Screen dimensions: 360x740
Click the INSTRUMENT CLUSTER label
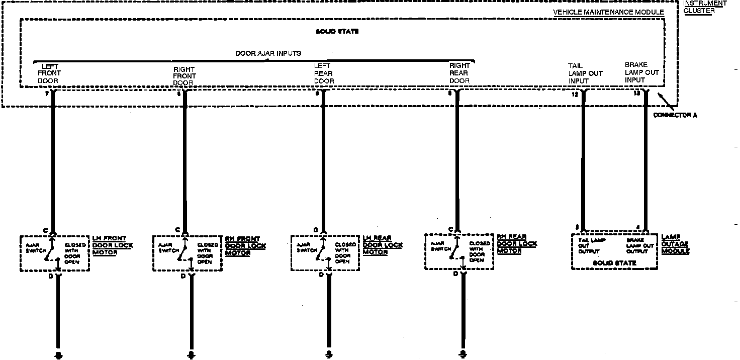tap(705, 7)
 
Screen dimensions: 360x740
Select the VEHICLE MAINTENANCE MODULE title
tap(608, 12)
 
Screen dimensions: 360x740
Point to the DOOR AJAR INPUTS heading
tap(268, 53)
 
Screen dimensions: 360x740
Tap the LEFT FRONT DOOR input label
tap(49, 73)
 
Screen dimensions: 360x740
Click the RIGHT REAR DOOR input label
tap(459, 73)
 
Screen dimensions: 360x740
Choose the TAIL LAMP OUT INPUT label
tap(585, 73)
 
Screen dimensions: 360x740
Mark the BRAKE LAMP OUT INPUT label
tap(641, 72)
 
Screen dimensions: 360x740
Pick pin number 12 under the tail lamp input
tap(575, 94)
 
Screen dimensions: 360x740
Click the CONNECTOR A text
tap(675, 116)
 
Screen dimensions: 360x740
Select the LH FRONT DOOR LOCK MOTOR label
tap(113, 245)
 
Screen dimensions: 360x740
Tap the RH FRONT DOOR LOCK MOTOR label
tap(245, 246)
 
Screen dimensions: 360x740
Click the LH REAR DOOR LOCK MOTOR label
tap(383, 245)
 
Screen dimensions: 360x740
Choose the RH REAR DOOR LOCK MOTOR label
tap(517, 244)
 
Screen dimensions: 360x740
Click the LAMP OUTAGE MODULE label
tap(675, 244)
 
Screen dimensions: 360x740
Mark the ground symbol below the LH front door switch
tap(58, 355)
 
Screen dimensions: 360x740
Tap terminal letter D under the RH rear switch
tap(455, 274)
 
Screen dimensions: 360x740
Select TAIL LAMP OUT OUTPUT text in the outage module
tap(592, 245)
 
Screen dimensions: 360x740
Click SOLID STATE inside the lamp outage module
tap(614, 263)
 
